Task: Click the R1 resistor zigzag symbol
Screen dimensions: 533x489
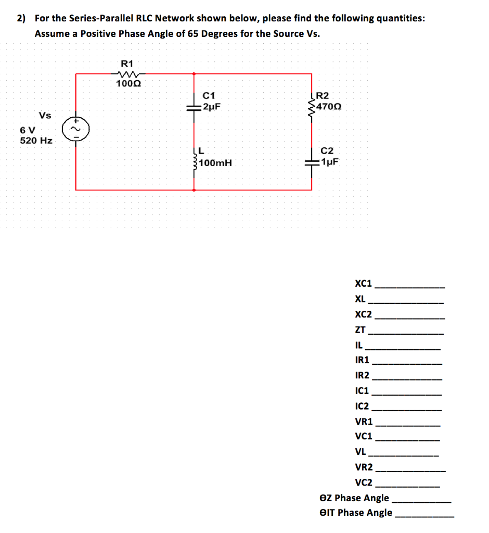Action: coord(127,73)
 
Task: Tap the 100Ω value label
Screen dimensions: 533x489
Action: coord(127,83)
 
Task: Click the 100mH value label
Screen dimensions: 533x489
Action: coord(215,163)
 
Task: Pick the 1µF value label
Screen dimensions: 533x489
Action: coord(329,161)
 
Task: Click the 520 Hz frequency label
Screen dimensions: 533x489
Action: coord(36,141)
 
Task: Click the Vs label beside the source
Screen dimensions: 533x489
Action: coord(45,115)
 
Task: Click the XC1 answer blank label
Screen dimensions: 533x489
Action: coord(363,284)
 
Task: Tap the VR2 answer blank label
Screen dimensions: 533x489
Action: coord(364,467)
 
